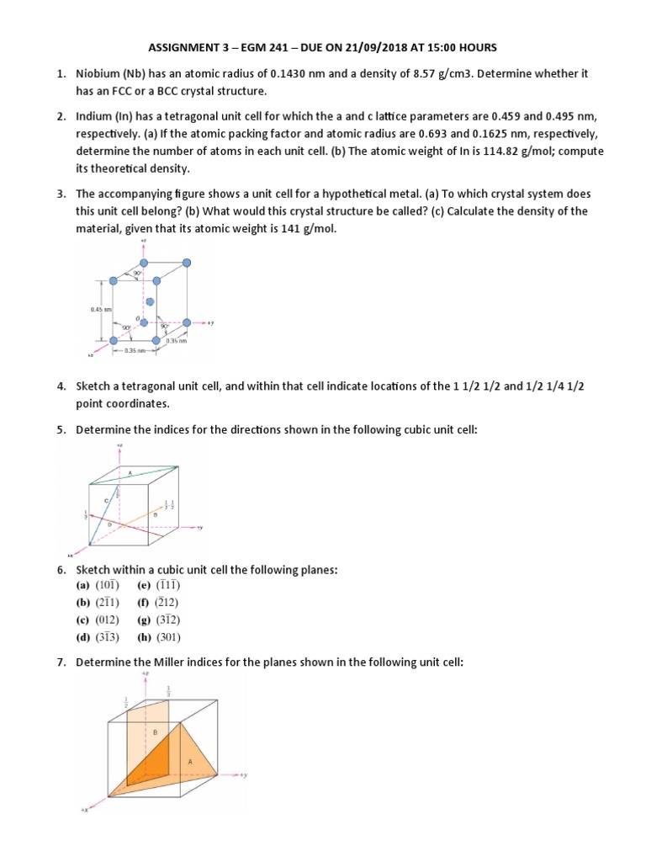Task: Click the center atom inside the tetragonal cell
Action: tap(150, 301)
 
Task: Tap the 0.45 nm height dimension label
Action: tap(100, 310)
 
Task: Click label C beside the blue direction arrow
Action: tap(106, 501)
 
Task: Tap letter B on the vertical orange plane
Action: tap(155, 733)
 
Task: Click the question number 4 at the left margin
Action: tap(61, 386)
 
